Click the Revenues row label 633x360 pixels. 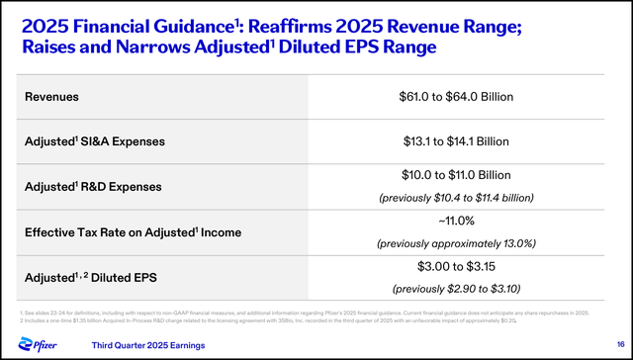click(52, 97)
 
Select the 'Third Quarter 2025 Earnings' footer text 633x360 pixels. click(148, 345)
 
